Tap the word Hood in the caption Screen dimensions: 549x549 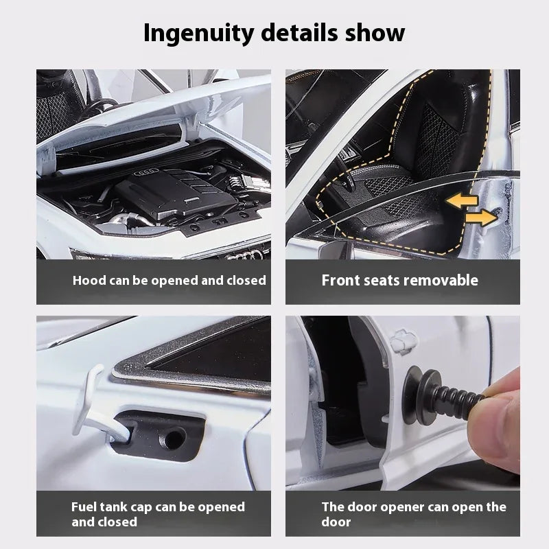[x=89, y=280]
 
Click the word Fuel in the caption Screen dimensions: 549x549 [x=85, y=507]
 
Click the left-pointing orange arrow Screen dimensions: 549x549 [x=458, y=200]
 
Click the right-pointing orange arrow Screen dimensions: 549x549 [x=480, y=218]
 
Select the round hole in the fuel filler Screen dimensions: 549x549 [x=177, y=436]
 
